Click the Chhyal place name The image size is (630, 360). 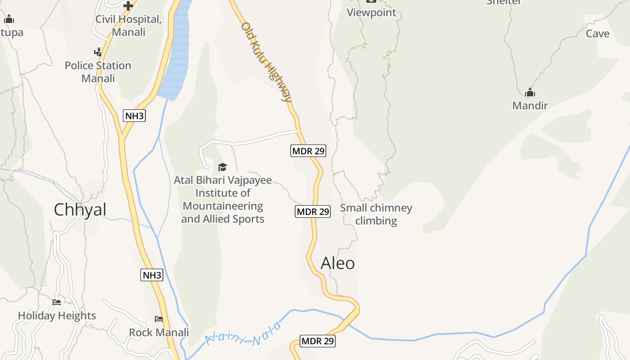[x=80, y=210]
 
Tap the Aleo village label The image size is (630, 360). [x=337, y=263]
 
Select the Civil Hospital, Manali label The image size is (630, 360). [x=129, y=26]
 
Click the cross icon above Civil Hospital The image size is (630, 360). [x=128, y=6]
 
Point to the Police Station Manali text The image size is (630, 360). [x=98, y=72]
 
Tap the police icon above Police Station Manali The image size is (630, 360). [x=98, y=52]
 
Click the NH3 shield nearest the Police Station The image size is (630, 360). [x=134, y=116]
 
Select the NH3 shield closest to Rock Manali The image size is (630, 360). [x=152, y=275]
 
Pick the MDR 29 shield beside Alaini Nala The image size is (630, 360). [x=318, y=341]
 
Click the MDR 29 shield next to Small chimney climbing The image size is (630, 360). [x=313, y=211]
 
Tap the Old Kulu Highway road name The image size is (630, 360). [x=266, y=62]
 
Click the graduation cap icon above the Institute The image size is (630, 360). [x=222, y=167]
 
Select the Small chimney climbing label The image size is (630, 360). [x=376, y=214]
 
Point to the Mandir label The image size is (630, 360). [x=530, y=106]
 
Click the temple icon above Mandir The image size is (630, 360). [x=530, y=93]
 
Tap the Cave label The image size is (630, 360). [x=598, y=34]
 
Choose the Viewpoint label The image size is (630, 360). [x=371, y=13]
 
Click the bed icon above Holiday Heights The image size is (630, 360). [x=57, y=302]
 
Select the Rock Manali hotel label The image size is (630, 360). [x=159, y=333]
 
